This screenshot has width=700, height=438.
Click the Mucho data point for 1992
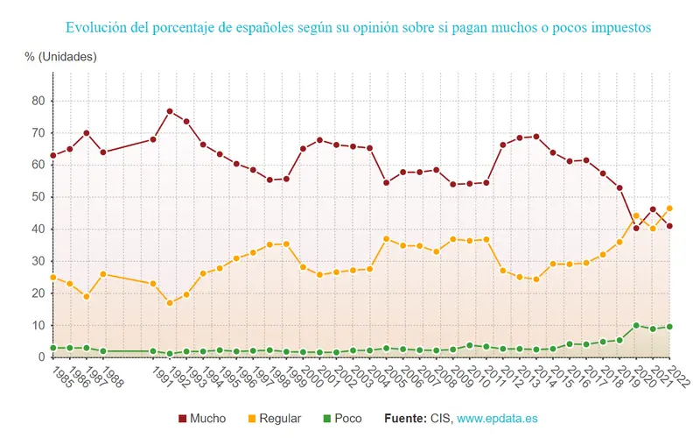tap(170, 111)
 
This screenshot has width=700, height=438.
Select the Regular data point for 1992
tap(170, 303)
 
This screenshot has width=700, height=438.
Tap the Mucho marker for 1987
tap(87, 133)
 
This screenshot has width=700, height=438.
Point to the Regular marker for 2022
tap(669, 208)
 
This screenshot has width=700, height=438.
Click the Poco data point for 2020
tap(636, 325)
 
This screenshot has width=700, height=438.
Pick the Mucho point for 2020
tap(636, 228)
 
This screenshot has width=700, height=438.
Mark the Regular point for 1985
tap(53, 277)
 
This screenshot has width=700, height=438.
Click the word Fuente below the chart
tap(406, 419)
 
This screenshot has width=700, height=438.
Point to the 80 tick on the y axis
tap(38, 101)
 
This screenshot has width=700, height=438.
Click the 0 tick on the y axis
tap(40, 357)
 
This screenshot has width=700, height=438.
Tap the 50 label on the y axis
tap(38, 197)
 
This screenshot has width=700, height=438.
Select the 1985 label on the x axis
tap(59, 378)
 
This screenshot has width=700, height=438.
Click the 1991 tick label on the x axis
tap(159, 378)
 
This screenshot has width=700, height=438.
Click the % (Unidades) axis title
tap(61, 56)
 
